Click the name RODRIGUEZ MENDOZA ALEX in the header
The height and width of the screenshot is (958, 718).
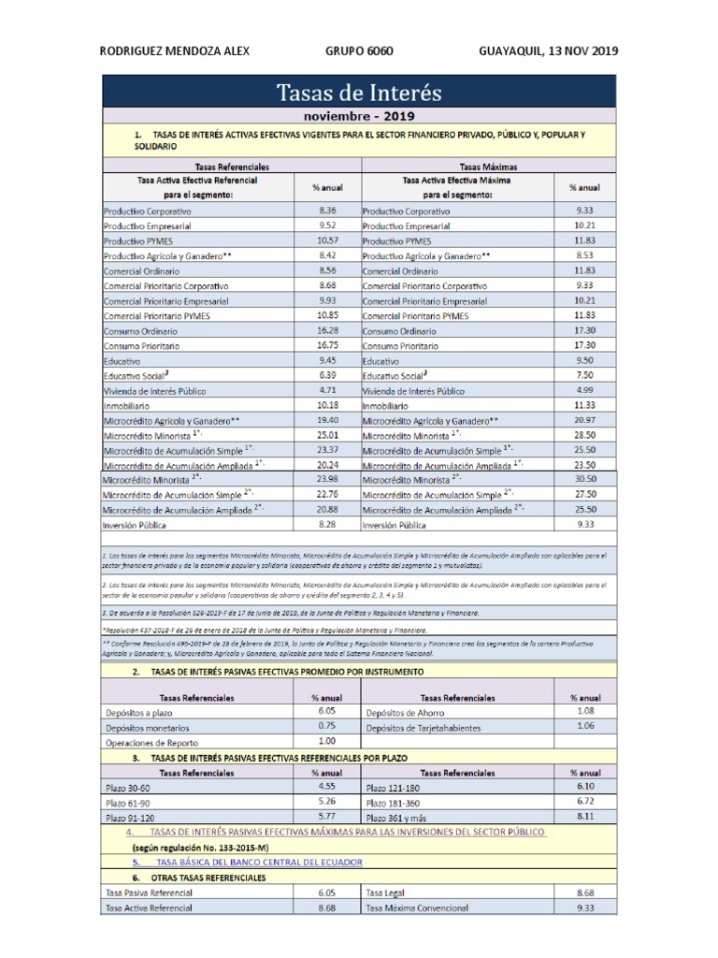[x=174, y=51]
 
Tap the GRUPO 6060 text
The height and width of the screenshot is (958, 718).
[x=354, y=51]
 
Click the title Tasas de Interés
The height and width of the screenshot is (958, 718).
[x=359, y=94]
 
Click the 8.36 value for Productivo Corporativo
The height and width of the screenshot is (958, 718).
[x=327, y=211]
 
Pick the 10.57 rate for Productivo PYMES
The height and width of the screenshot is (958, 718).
[x=327, y=240]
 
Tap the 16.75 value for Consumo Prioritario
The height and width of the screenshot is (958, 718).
[x=327, y=345]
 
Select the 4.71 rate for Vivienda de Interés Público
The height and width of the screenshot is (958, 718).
[x=327, y=390]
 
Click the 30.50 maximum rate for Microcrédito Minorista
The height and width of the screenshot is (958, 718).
[x=585, y=479]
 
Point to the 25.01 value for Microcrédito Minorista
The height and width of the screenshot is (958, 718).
[x=327, y=435]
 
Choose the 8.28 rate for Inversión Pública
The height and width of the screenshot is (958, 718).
[x=327, y=525]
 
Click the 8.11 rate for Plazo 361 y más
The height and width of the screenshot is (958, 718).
[x=585, y=817]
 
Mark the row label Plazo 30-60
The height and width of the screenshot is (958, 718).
[x=129, y=788]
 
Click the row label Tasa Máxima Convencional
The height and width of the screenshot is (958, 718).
[x=420, y=907]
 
